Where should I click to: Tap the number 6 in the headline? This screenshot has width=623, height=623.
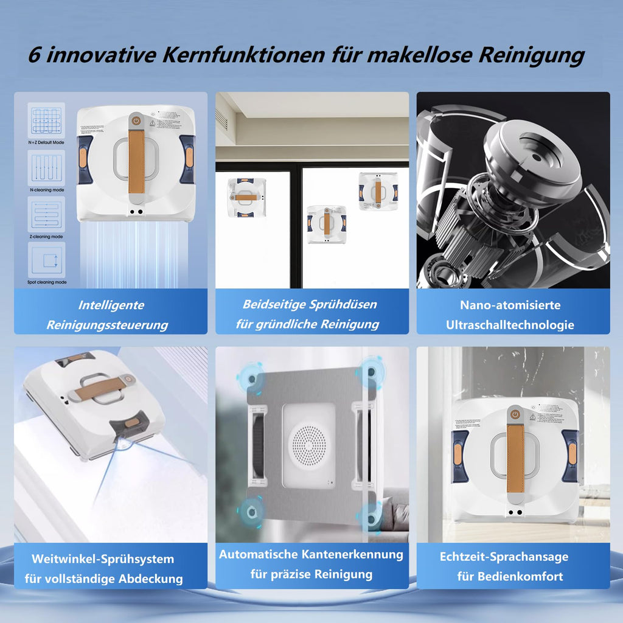click(x=35, y=56)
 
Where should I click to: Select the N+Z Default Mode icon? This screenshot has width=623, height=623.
click(x=46, y=120)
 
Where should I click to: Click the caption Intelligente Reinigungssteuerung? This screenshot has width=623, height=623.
click(x=111, y=315)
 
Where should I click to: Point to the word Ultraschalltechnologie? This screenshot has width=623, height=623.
click(x=510, y=325)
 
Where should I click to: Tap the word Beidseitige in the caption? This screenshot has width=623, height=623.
click(x=271, y=304)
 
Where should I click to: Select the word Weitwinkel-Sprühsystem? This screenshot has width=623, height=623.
click(x=102, y=559)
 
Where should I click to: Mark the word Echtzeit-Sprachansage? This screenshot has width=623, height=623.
click(x=504, y=557)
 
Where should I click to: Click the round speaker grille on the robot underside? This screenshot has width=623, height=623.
click(x=307, y=442)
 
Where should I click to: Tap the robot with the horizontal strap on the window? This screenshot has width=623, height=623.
click(x=246, y=197)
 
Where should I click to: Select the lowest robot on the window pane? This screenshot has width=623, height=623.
click(x=326, y=224)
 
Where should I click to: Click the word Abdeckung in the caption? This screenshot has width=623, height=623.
click(x=150, y=579)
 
